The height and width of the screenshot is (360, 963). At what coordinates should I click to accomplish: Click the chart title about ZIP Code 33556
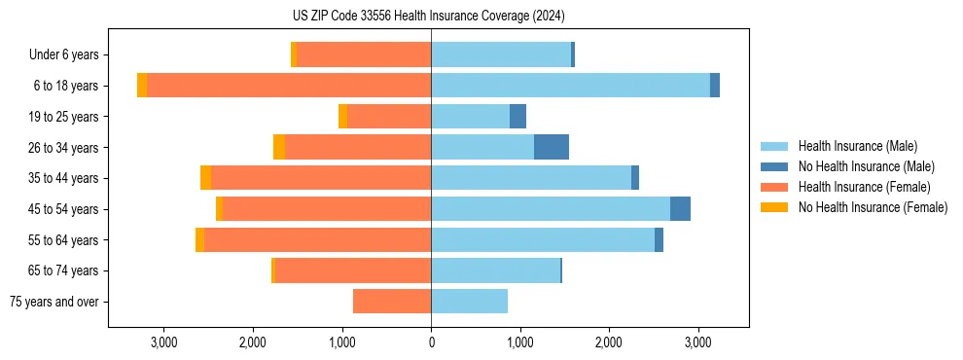(428, 16)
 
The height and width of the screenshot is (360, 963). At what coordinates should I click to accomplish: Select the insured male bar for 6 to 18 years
(570, 86)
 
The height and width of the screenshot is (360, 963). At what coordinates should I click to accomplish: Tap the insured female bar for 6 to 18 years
(289, 86)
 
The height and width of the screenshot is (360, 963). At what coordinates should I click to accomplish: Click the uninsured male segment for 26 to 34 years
(552, 147)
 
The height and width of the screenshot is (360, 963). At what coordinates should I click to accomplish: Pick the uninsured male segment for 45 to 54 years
(680, 209)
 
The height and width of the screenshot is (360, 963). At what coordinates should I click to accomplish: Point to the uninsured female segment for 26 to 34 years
(279, 147)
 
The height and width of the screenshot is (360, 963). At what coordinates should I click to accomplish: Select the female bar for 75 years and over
(392, 302)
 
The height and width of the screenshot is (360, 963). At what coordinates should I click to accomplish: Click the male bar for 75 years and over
(469, 302)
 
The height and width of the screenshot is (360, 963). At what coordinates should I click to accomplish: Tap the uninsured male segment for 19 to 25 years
(517, 117)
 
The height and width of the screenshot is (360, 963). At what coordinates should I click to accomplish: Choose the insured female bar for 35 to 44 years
(321, 178)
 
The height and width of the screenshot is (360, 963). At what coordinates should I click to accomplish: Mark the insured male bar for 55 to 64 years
(543, 239)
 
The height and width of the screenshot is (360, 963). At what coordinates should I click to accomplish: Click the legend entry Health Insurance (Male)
(857, 146)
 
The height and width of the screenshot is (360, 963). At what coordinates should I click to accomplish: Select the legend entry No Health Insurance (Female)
(872, 207)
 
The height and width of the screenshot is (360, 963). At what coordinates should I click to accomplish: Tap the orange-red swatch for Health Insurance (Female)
(774, 187)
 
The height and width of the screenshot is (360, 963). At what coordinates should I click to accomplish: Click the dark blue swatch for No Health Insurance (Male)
(774, 166)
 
